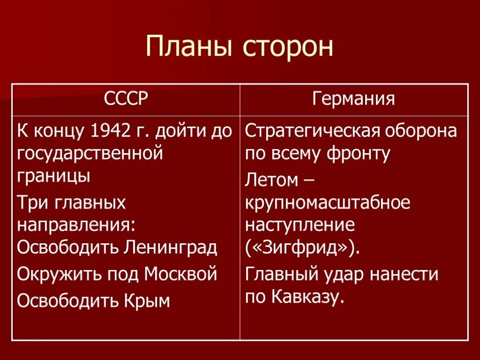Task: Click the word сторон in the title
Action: click(x=288, y=47)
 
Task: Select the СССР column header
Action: click(x=126, y=99)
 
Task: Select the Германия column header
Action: click(x=354, y=99)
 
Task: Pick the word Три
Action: click(x=34, y=202)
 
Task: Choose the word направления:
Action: click(x=76, y=225)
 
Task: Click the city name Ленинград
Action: click(x=171, y=247)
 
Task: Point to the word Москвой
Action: click(x=181, y=273)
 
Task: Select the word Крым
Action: click(x=146, y=300)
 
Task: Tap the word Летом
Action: click(x=271, y=180)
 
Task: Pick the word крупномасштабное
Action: click(x=327, y=202)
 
